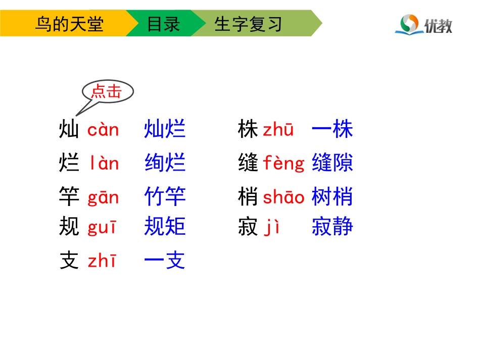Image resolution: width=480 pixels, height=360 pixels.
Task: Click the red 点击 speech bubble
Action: point(107,92)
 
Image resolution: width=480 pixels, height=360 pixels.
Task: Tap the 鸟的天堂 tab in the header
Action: point(69,24)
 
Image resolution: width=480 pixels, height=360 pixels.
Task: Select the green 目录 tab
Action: point(163,24)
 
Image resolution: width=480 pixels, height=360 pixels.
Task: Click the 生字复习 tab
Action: point(248,24)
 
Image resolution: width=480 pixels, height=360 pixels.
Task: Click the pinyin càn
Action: point(103,130)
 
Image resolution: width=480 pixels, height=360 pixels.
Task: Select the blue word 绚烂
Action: point(165,164)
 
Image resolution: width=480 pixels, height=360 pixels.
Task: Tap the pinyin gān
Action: point(103,197)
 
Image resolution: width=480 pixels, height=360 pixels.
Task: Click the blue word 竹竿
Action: point(165,196)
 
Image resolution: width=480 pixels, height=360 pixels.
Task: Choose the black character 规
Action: point(69,227)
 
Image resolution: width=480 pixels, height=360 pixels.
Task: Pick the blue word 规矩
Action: point(165,227)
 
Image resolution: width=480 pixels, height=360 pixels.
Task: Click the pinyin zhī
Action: point(102,261)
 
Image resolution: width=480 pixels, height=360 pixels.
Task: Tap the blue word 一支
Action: point(165,261)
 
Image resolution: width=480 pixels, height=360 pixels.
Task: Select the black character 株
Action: point(248,130)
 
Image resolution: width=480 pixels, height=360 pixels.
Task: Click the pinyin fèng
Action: point(284,164)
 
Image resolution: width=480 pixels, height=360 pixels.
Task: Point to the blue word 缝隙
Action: point(332,163)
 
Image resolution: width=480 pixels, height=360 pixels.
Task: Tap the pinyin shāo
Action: point(283,197)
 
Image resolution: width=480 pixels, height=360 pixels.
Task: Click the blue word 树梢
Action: point(332,196)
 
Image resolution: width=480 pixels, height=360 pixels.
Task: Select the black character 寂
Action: point(248,227)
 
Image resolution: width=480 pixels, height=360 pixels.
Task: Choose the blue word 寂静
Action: point(332,227)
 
